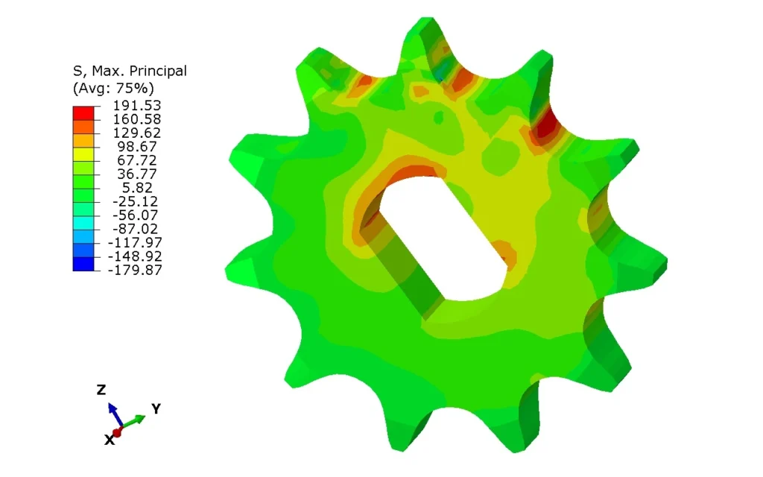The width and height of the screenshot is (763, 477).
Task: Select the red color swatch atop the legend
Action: coord(83,113)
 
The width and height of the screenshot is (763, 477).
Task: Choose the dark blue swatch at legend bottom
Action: coord(83,264)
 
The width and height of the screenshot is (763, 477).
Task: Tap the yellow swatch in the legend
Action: coord(83,154)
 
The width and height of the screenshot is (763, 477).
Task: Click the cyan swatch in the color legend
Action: coord(83,223)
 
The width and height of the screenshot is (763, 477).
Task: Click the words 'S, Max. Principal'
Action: coord(129,71)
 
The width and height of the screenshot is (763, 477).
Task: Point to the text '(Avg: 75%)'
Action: coord(113,88)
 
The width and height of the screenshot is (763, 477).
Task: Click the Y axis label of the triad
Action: coord(156,408)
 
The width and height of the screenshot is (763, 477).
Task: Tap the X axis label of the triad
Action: coord(109,440)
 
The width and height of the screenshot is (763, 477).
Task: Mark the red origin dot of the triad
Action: coord(118,432)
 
